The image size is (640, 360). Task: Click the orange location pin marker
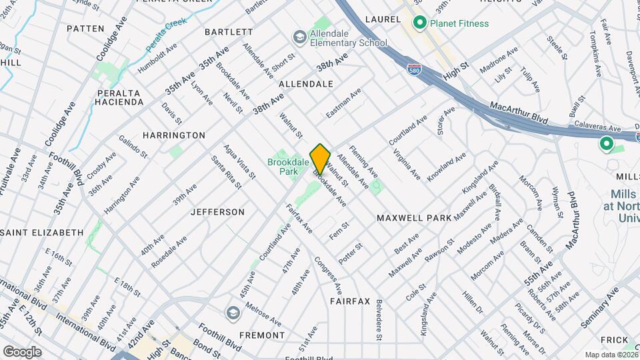point(320,158)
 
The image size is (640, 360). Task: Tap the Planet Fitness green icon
point(420,24)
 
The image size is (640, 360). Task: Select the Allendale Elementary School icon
point(299,36)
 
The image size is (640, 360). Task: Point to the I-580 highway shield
point(414,68)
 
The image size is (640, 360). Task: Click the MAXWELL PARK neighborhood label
point(414,218)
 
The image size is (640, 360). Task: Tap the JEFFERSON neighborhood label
point(217,212)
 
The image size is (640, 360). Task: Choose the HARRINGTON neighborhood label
point(173,135)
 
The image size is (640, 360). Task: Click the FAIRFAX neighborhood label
point(349,301)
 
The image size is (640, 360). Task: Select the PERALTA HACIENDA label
point(120,97)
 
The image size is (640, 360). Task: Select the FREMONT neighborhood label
point(253,335)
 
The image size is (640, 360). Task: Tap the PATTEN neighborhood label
point(86,29)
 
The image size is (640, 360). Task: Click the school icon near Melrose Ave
point(233,313)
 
